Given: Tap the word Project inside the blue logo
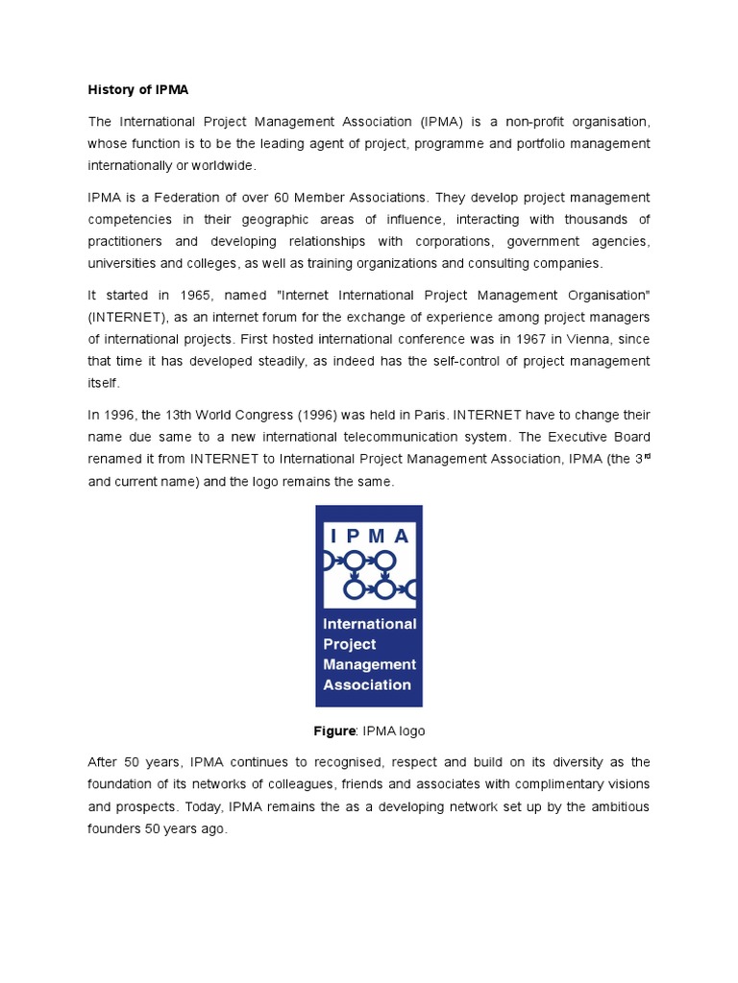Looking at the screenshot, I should click(350, 644).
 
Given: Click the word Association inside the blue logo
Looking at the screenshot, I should click(367, 685).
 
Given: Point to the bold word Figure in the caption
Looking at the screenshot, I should click(334, 731).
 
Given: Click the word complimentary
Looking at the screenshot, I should click(527, 784).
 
